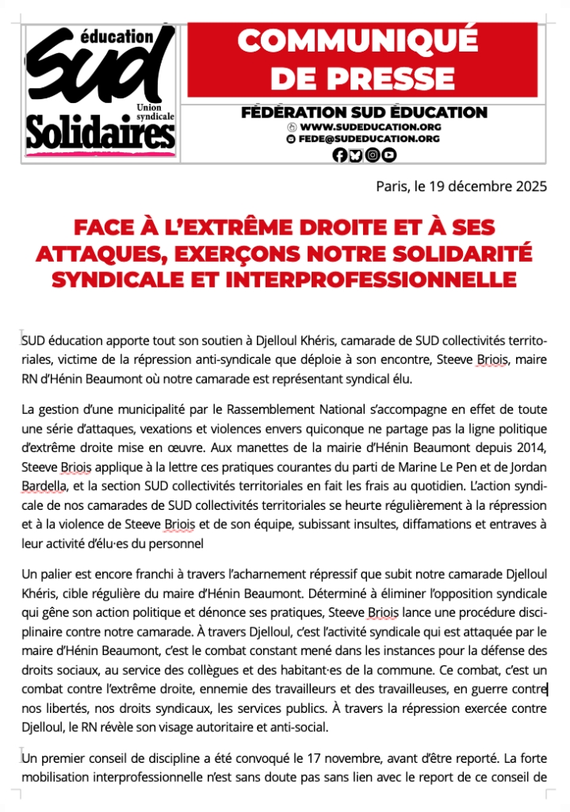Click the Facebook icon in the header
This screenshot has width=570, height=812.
pyautogui.click(x=339, y=155)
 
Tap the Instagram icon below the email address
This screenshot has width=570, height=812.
pyautogui.click(x=372, y=155)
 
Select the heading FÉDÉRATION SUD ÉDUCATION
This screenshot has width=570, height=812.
pyautogui.click(x=364, y=112)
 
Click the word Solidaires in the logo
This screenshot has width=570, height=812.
pyautogui.click(x=101, y=132)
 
